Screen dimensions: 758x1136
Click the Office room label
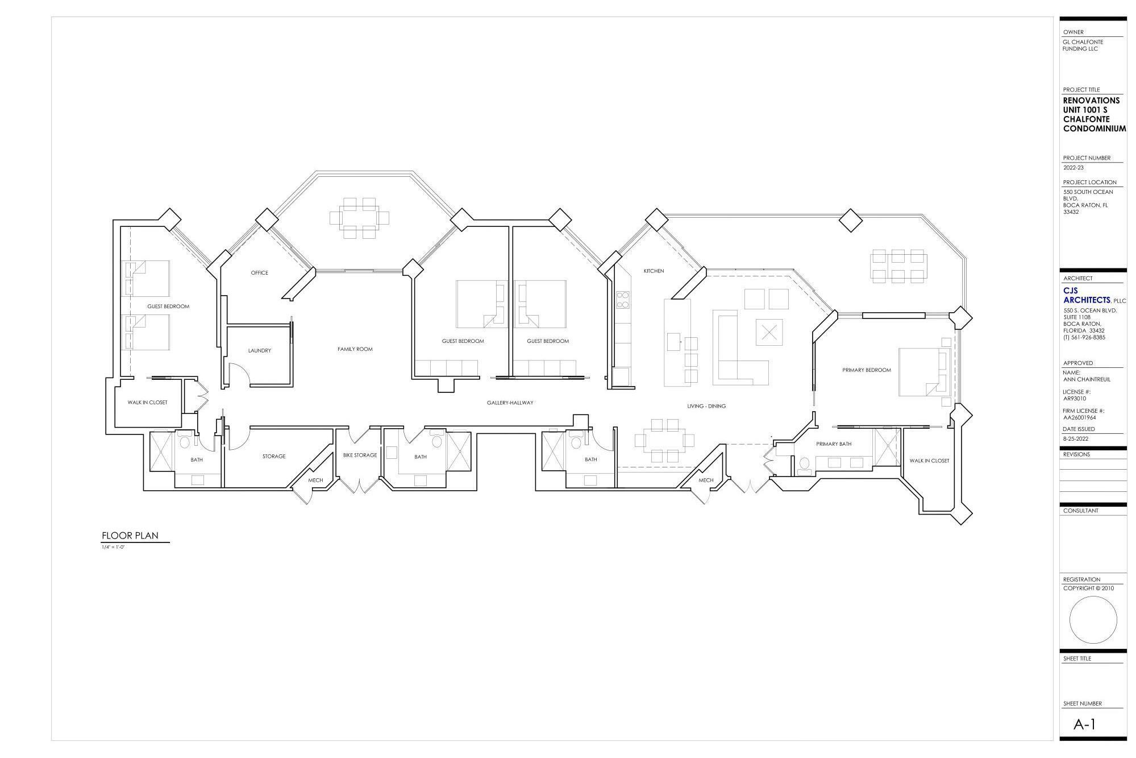coord(259,273)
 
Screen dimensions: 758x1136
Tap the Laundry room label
coord(259,351)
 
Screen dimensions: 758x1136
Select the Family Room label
coord(355,349)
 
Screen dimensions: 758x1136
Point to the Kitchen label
coord(654,271)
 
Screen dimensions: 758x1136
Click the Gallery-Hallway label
coord(510,403)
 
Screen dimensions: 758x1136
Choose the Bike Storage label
coord(360,455)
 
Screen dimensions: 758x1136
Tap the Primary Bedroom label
coord(866,370)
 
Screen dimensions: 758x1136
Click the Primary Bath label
coord(833,444)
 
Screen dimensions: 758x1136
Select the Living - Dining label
coord(706,407)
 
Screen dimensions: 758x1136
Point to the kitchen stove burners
coord(622,300)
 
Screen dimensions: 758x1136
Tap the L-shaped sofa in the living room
coord(739,350)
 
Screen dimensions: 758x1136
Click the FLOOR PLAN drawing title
coord(130,536)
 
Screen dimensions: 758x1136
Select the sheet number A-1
coord(1084,724)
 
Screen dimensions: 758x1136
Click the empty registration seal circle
coord(1092,620)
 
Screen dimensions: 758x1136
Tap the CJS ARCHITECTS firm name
coord(1086,296)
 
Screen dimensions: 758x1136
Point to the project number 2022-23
coord(1073,168)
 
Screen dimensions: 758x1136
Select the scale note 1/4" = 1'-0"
coord(113,547)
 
